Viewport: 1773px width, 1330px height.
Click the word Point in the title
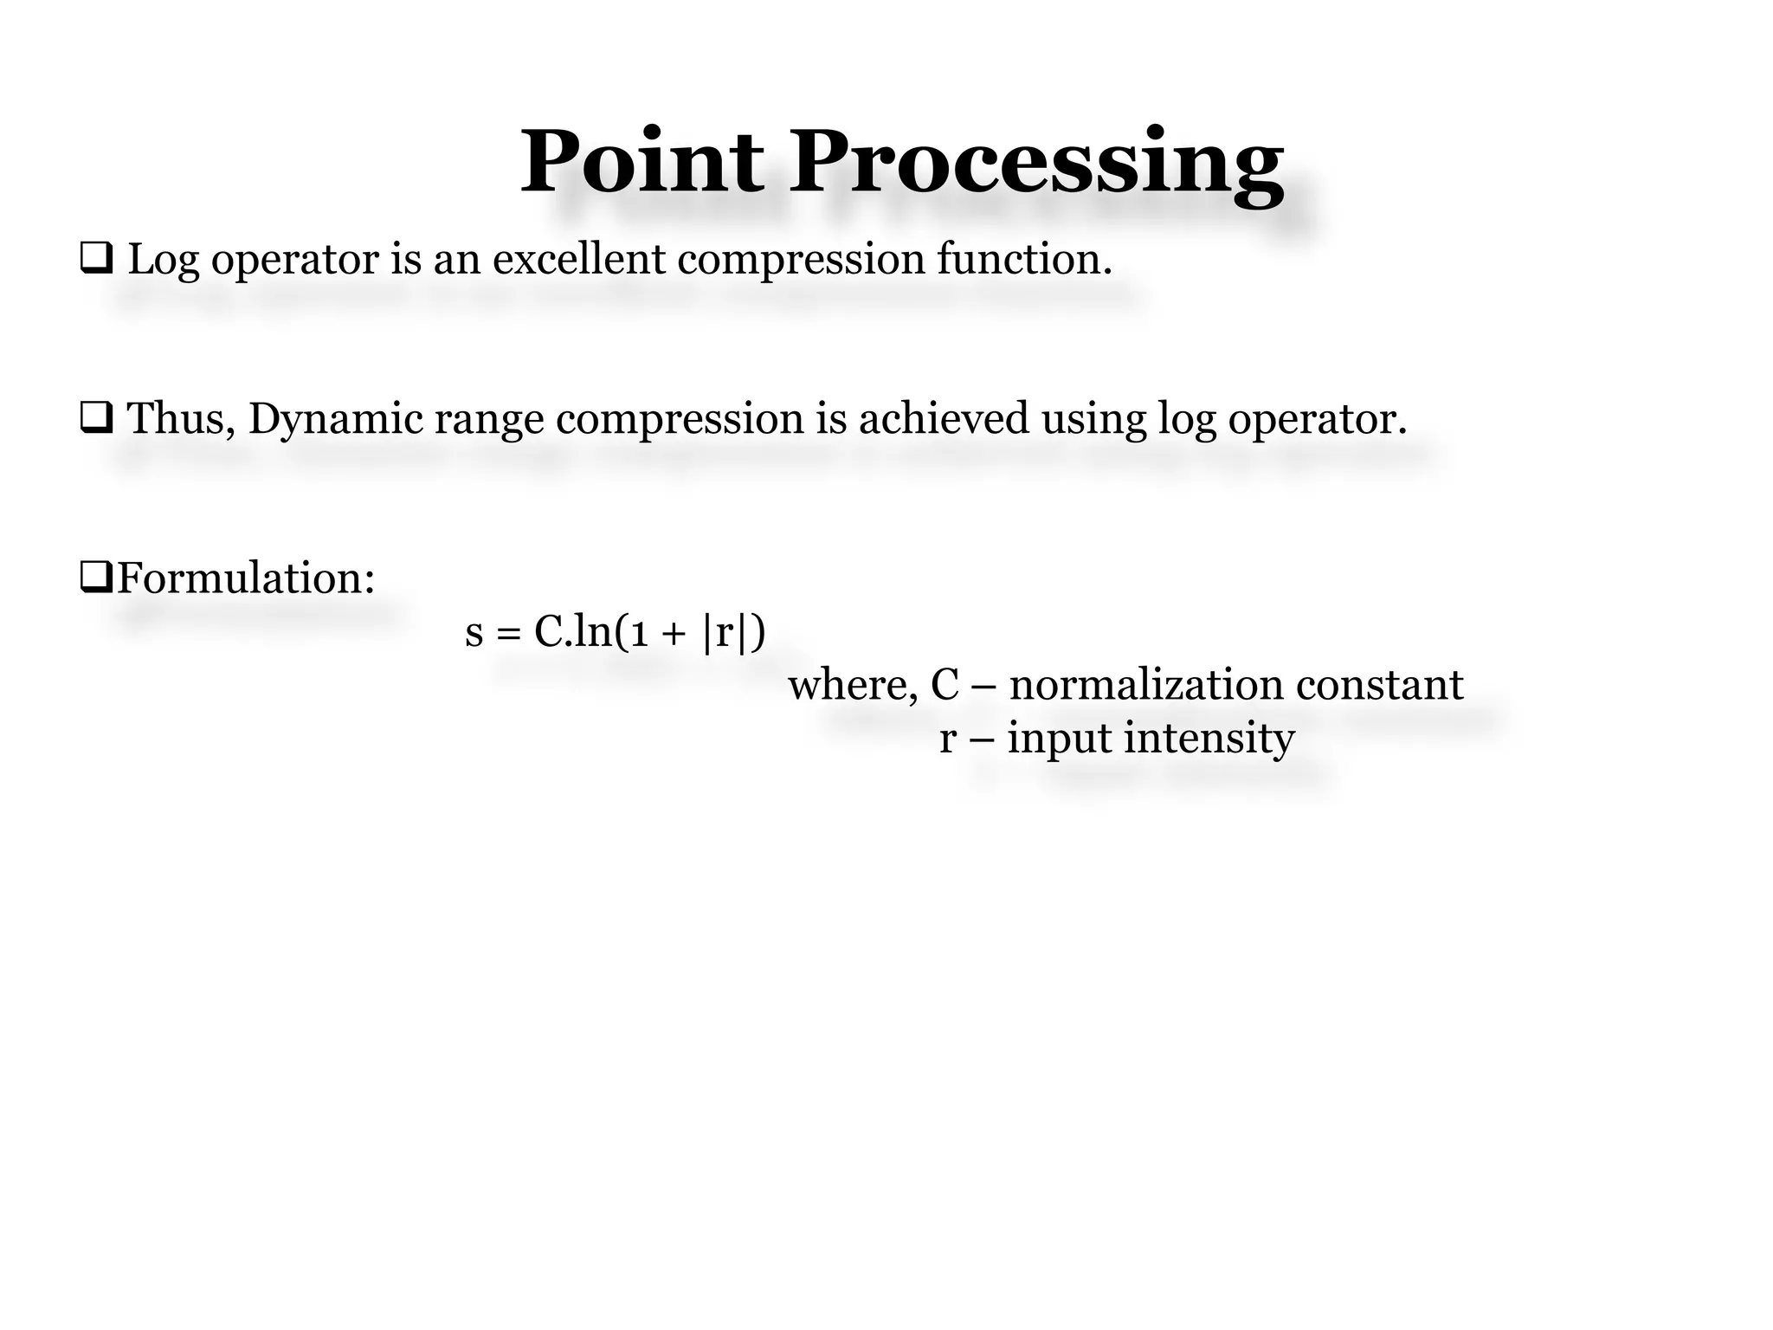coord(642,162)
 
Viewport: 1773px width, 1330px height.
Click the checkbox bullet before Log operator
coord(96,259)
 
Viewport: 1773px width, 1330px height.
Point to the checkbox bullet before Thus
coord(96,418)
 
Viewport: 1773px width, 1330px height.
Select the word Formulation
coord(246,578)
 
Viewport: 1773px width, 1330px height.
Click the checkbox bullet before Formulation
coord(96,576)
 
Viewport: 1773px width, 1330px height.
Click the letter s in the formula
coord(474,633)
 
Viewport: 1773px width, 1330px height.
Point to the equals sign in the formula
coord(509,634)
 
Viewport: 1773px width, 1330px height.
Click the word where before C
coord(852,685)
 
